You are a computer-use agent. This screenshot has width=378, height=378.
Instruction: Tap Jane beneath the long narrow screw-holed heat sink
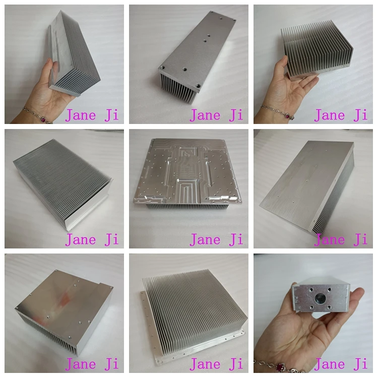pyautogui.click(x=205, y=115)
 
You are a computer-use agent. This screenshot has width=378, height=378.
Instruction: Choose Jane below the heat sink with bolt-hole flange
pyautogui.click(x=205, y=363)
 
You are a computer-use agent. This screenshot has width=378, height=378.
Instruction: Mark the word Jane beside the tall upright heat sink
pyautogui.click(x=81, y=115)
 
